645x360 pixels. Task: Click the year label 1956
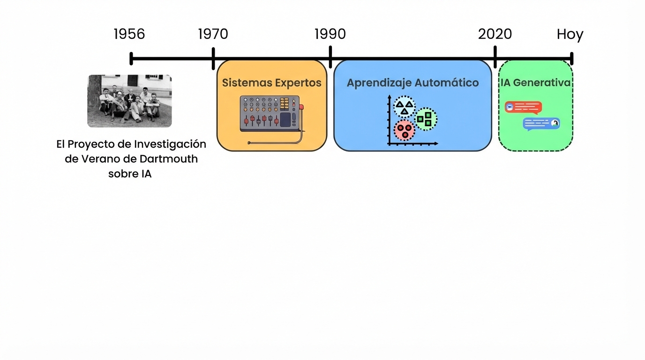(129, 34)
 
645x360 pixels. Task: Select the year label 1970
(213, 34)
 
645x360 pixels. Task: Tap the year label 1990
(330, 34)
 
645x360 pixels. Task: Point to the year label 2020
(495, 34)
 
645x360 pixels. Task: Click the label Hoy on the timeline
(570, 35)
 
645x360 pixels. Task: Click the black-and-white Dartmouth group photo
(129, 101)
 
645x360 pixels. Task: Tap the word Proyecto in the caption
(90, 144)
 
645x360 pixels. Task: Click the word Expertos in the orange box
(299, 83)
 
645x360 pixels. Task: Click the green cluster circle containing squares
(426, 119)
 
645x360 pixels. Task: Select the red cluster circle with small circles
(404, 130)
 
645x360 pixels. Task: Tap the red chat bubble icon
(523, 107)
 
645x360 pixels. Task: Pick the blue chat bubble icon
(541, 124)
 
